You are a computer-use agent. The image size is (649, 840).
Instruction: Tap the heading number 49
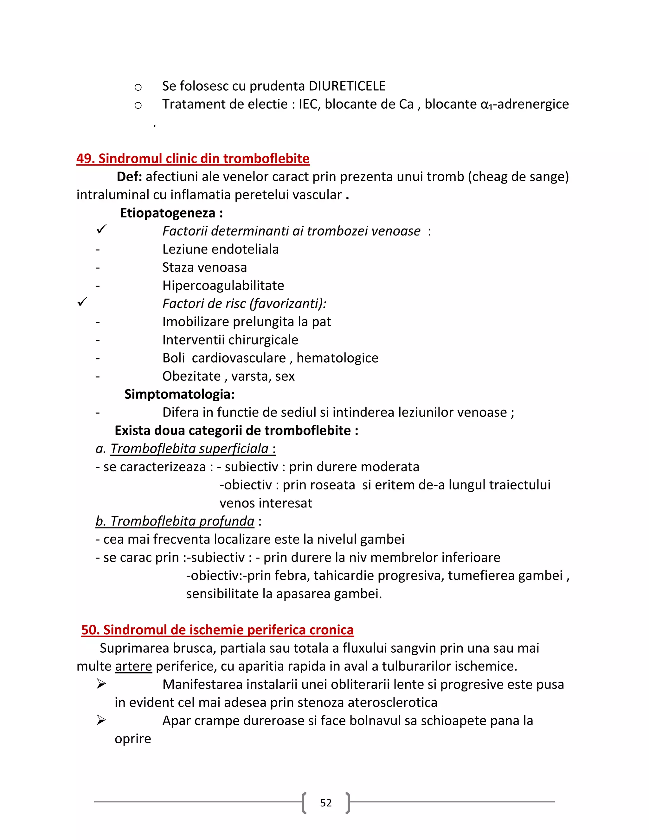(85, 158)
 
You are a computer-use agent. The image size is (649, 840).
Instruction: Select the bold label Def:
(129, 177)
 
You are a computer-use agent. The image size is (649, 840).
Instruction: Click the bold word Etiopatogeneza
(168, 213)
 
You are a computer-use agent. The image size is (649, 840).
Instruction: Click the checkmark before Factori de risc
(82, 302)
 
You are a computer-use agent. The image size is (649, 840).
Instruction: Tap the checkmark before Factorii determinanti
(101, 229)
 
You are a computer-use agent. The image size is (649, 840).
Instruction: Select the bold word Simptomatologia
(178, 394)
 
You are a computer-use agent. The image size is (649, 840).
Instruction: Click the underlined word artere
(133, 666)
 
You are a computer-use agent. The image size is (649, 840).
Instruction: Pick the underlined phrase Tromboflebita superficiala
(190, 449)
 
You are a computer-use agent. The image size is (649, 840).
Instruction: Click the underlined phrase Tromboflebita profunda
(182, 521)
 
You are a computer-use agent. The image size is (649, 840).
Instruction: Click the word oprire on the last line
(133, 739)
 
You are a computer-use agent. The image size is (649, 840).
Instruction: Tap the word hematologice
(337, 358)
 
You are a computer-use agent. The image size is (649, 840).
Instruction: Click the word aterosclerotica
(393, 702)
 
